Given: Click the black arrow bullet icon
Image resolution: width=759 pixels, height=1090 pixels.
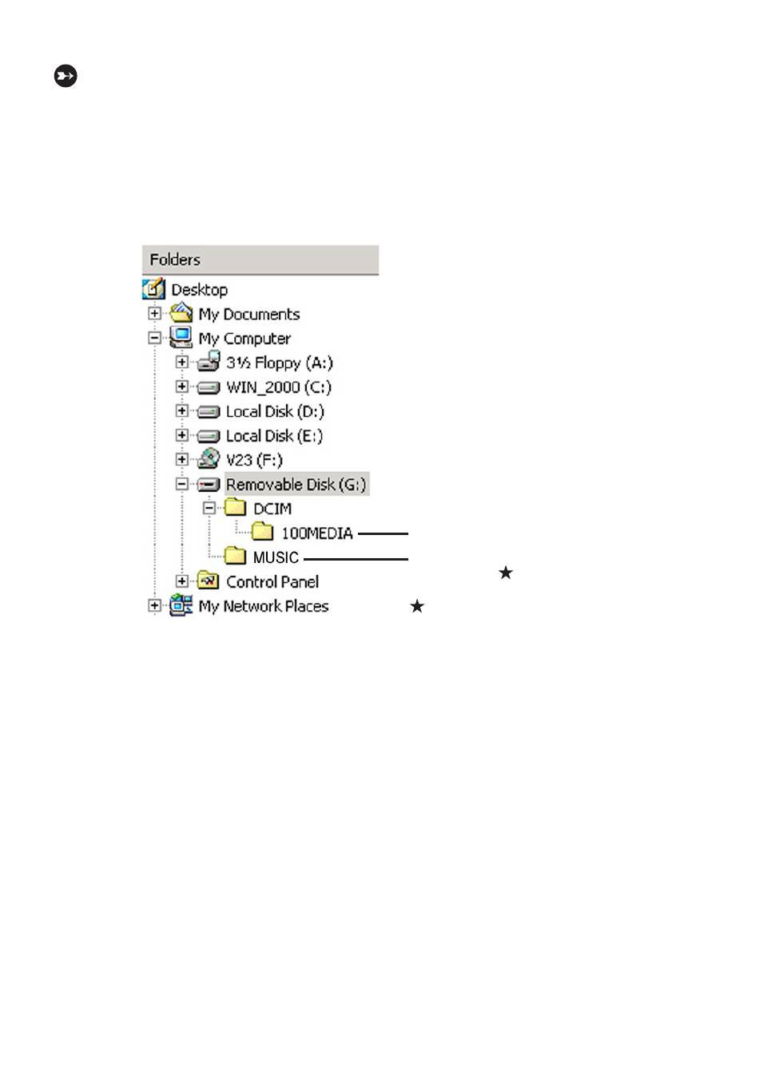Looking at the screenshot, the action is [66, 76].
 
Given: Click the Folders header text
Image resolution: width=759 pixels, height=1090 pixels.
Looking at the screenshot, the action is [175, 260].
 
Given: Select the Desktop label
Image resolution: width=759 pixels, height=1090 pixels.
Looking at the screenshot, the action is [200, 290].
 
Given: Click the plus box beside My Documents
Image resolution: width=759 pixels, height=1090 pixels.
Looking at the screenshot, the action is [154, 313].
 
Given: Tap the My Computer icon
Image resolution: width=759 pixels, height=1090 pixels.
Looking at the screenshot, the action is [180, 337].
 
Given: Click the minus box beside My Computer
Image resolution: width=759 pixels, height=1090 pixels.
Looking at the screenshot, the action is [154, 338].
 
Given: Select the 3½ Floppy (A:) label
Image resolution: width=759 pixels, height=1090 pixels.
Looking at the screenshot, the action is [280, 363].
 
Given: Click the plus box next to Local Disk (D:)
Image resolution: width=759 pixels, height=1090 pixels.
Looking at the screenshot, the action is [181, 411].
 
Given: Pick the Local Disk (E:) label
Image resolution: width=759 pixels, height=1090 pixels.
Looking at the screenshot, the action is [274, 436].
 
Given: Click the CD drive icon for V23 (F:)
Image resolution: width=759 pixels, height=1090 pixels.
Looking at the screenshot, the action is [209, 459].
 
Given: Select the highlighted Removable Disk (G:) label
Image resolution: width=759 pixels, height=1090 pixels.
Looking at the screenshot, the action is [296, 485].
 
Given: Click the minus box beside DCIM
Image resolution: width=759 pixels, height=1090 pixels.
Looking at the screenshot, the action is [209, 509].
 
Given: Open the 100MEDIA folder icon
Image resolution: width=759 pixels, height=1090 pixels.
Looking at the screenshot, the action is [262, 532].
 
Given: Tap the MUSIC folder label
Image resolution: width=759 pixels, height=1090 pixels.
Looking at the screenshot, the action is [276, 557].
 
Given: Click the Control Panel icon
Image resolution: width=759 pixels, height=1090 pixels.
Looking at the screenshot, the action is [208, 581].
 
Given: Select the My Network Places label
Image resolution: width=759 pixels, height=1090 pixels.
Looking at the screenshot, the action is [264, 607].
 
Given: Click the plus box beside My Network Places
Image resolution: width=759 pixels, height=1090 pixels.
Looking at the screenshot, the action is [154, 606].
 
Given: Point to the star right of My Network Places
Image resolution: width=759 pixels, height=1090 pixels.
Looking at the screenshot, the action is [417, 607].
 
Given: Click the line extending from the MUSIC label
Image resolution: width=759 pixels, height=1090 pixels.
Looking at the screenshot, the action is [356, 560].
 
